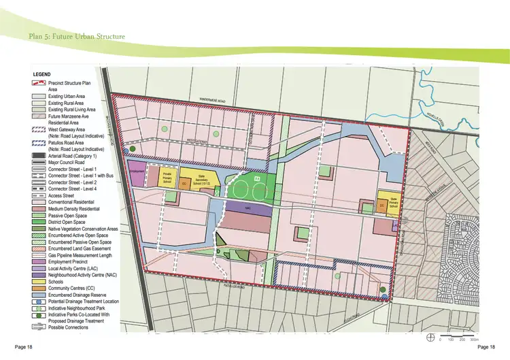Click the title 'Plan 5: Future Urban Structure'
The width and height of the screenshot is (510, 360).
click(x=76, y=35)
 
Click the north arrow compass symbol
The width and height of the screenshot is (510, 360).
click(x=430, y=337)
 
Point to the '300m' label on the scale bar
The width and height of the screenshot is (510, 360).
click(x=474, y=338)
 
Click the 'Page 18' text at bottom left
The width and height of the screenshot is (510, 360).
click(x=23, y=348)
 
